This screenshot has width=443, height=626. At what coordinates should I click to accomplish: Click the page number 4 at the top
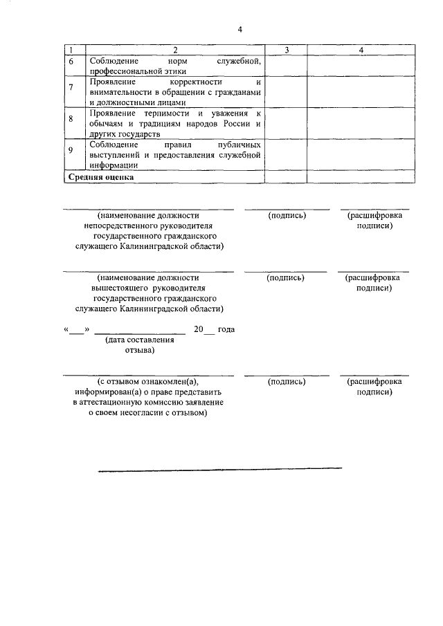pos(239,29)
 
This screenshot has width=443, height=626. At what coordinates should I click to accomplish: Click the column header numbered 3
pos(286,50)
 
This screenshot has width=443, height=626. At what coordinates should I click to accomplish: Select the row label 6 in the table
pos(70,63)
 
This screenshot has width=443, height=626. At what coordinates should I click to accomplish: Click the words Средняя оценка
pos(100,176)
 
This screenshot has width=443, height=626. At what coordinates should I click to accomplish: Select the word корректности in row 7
pos(183,82)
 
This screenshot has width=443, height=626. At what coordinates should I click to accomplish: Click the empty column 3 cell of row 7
pos(286,91)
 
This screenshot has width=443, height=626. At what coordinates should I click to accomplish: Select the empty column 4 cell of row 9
pos(360,154)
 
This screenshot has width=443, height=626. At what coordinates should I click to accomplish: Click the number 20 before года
pos(199,329)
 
